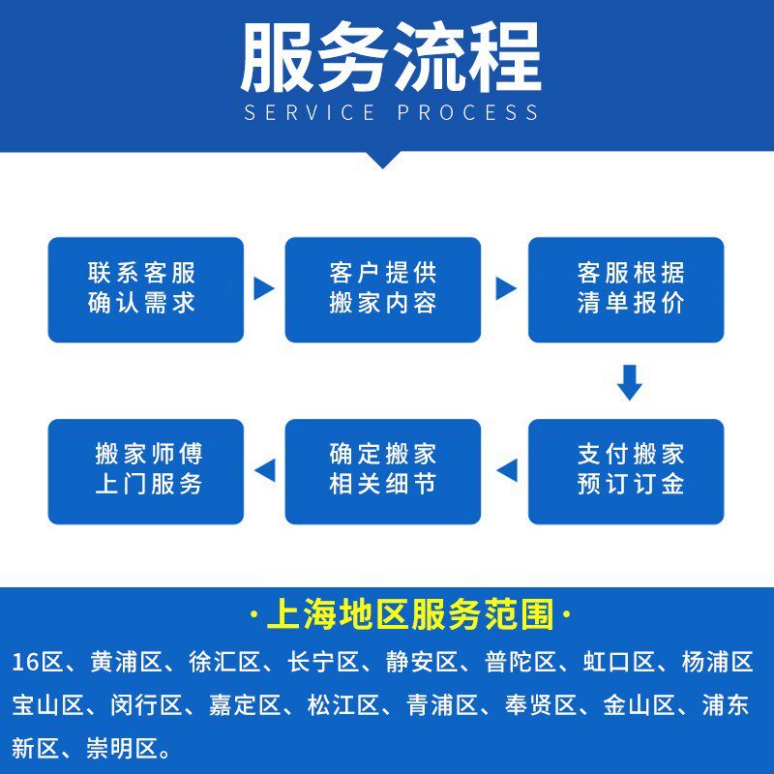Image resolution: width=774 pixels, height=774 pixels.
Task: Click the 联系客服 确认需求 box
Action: (x=145, y=289)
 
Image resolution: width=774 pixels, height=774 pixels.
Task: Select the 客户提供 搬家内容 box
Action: (x=382, y=289)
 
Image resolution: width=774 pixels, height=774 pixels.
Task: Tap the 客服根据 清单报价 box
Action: (x=626, y=289)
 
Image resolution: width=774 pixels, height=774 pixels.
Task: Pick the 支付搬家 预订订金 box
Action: (x=626, y=470)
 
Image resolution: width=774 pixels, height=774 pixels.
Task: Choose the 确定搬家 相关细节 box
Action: (x=382, y=470)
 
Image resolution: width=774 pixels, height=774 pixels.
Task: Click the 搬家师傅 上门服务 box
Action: (x=145, y=470)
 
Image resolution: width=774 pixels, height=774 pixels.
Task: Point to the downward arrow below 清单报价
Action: (x=630, y=381)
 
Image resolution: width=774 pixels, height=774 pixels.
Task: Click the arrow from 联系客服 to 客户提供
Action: (x=264, y=288)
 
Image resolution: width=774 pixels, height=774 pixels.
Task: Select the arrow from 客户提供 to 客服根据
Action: (x=505, y=288)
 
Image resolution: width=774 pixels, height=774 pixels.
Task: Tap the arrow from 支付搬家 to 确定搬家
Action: (x=506, y=470)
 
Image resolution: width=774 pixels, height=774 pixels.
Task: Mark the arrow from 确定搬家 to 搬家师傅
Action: (x=264, y=470)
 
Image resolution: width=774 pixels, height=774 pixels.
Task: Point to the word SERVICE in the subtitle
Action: (x=310, y=112)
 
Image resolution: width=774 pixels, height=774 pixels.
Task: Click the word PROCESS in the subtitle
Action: (x=467, y=112)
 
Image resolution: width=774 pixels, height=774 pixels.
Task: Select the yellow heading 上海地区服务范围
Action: (x=411, y=614)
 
